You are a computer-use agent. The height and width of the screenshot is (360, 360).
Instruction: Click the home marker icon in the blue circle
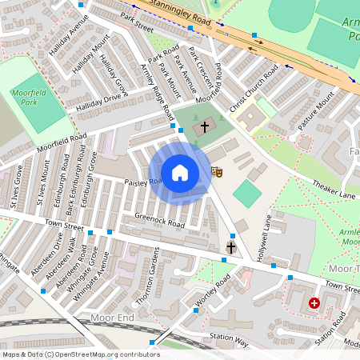pos(180,172)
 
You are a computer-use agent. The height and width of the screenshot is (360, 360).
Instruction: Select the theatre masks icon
pos(215,171)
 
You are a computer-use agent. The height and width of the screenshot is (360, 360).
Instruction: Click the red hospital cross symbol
pos(314,303)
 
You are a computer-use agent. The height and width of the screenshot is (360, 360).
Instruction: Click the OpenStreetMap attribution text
pos(80,354)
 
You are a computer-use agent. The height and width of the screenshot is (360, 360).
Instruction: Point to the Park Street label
pos(137,25)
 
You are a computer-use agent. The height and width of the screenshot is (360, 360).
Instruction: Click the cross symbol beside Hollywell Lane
pos(231,247)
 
